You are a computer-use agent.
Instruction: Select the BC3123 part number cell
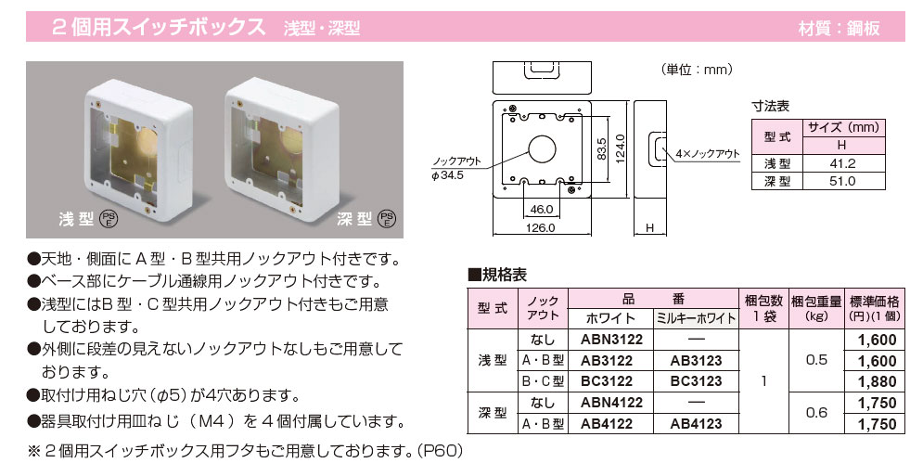coord(695,381)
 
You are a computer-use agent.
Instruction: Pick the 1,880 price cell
coord(878,381)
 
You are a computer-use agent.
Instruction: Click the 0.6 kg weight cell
coord(816,413)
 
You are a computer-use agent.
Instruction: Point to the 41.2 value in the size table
coord(842,163)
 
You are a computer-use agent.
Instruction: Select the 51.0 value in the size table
coord(842,182)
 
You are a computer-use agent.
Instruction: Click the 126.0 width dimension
coord(539,226)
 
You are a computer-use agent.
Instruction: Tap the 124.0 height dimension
coord(621,148)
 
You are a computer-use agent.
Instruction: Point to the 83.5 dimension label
coord(600,148)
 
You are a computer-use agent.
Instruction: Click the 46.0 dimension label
coord(542,208)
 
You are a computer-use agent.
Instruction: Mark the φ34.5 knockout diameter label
coord(447,174)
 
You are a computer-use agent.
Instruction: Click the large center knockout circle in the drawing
coord(539,148)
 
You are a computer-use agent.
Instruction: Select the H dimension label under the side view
coord(649,227)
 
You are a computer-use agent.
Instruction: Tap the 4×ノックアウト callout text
coord(707,154)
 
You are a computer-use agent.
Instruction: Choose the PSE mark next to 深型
coord(387,220)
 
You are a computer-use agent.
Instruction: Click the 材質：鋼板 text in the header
coord(850,29)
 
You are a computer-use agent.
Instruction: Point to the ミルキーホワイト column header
coord(695,318)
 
